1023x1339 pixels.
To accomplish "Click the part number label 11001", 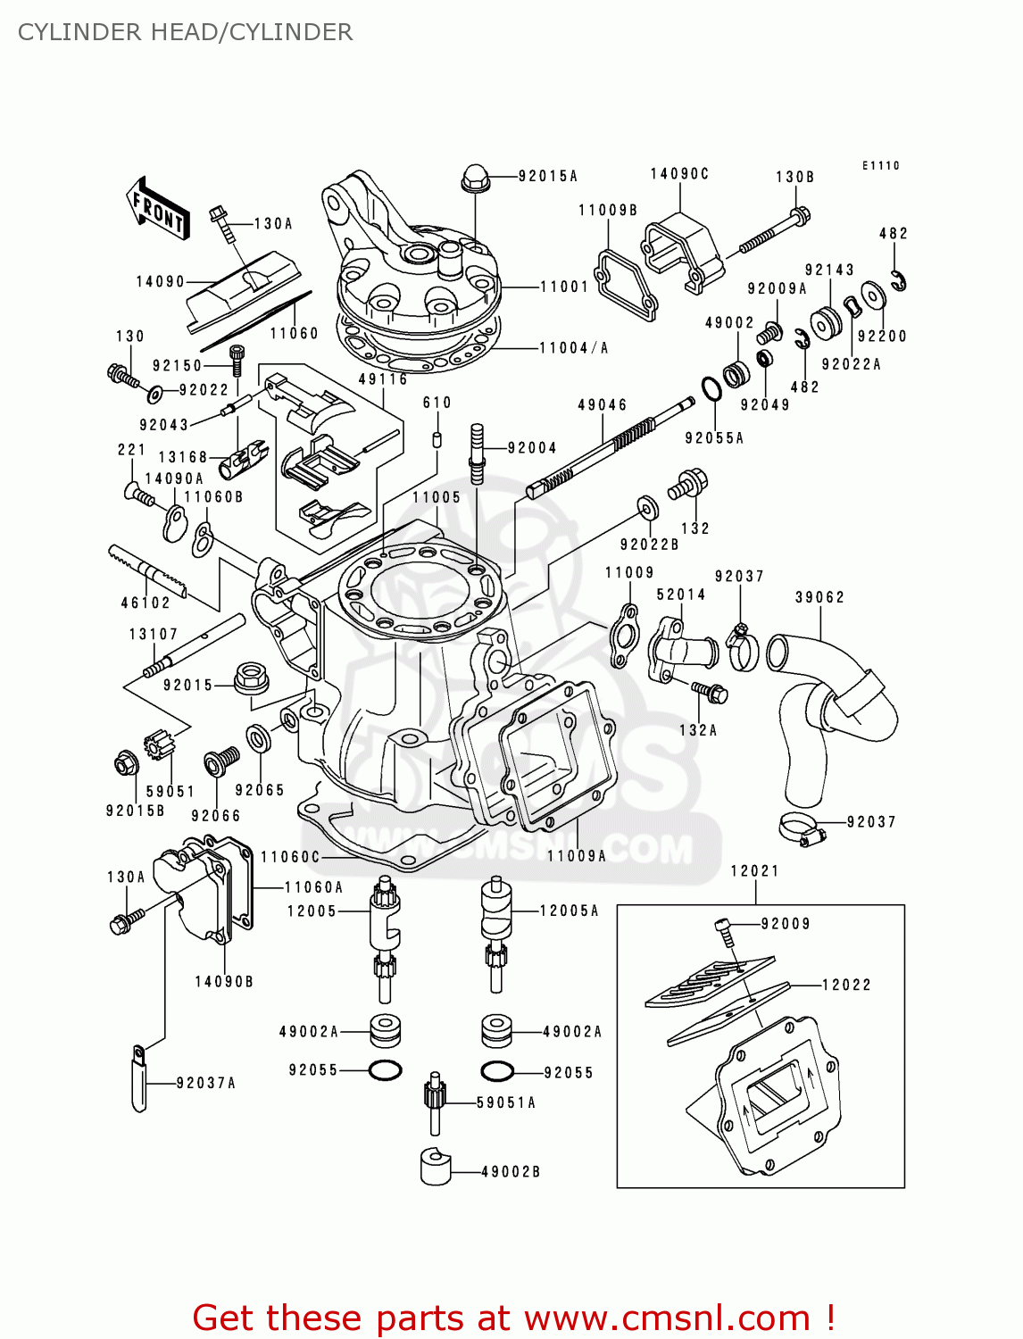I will (564, 287).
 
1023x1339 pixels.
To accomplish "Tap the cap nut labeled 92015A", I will (475, 179).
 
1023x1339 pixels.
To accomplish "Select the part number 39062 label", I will (819, 597).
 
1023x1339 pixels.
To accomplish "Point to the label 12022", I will (845, 985).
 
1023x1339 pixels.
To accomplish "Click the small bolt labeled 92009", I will (726, 930).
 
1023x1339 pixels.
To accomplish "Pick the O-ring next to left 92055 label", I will (385, 1069).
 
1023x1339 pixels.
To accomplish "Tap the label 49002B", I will (511, 1171).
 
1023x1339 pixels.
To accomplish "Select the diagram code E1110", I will (880, 165).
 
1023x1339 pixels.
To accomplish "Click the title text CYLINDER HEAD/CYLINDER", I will (185, 32).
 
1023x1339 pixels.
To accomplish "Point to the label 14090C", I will (678, 174).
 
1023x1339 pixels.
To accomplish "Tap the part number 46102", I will (146, 603).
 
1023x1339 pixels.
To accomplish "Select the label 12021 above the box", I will (754, 870).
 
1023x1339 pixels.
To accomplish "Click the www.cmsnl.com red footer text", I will (513, 1318).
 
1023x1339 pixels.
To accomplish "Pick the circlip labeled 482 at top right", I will (900, 280).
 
